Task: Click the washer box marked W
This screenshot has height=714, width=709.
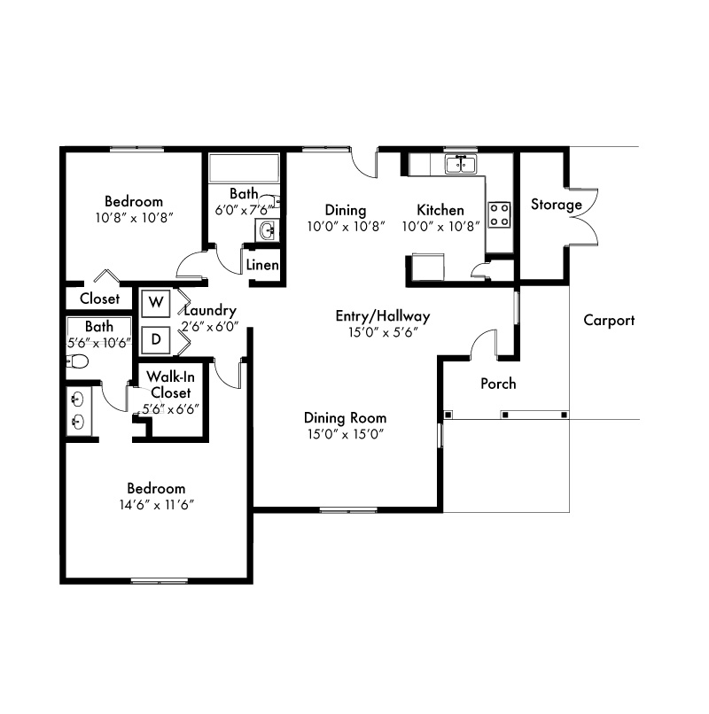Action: (x=156, y=303)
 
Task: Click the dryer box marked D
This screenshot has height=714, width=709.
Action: (x=156, y=339)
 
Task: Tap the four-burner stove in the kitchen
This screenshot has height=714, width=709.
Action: (x=499, y=215)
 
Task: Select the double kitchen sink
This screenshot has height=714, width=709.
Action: (x=461, y=165)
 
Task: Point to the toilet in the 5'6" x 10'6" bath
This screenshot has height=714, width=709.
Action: (x=77, y=362)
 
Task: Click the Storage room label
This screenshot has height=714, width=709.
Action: (x=557, y=205)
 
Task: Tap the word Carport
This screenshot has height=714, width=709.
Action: (x=609, y=321)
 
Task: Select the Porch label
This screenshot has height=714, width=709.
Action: (x=498, y=384)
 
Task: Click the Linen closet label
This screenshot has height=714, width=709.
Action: (x=262, y=265)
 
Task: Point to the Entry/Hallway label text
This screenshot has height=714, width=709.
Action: (x=383, y=316)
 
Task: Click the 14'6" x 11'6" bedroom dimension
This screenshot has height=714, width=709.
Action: (x=157, y=505)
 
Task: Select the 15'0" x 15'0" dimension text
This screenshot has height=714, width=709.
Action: (x=346, y=434)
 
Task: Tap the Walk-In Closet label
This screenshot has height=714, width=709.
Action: (x=171, y=384)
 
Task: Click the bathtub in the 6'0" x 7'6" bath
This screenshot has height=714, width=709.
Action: (x=244, y=168)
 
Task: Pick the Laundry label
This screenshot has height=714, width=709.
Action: (x=210, y=311)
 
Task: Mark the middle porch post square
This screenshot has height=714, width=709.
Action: (x=505, y=415)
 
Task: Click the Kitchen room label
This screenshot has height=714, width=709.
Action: (x=440, y=210)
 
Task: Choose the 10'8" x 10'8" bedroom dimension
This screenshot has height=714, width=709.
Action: (x=135, y=218)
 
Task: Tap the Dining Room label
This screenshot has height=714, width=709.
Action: (x=346, y=418)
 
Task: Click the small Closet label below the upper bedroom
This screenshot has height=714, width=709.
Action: (x=99, y=299)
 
